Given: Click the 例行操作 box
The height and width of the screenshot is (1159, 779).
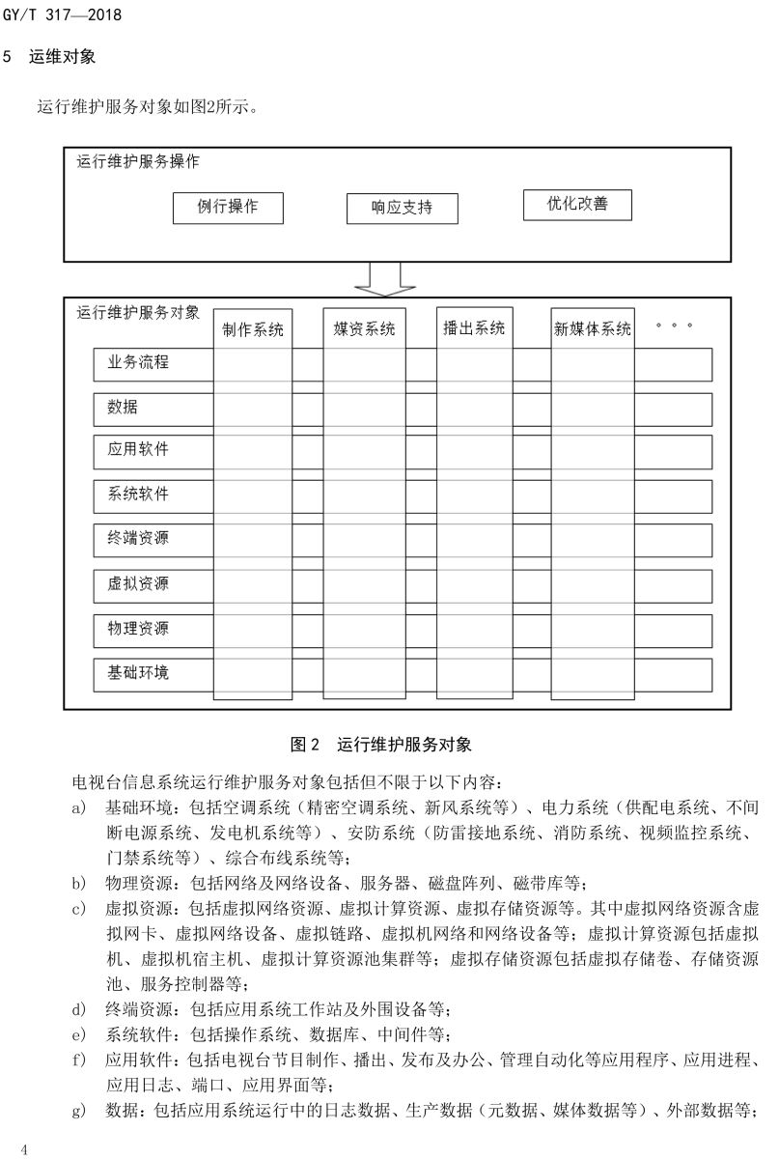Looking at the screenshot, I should [229, 208].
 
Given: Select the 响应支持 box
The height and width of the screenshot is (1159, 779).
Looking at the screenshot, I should [402, 209].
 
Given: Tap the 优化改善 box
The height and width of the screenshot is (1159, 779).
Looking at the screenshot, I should [577, 205].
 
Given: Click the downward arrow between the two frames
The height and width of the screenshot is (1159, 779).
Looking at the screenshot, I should [384, 278].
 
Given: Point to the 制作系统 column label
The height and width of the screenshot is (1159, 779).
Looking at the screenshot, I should [253, 329].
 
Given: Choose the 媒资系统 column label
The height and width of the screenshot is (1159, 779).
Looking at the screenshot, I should [365, 329].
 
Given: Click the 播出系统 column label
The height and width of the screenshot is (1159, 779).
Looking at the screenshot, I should [474, 328].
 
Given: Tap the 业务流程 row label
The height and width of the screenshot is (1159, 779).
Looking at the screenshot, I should [138, 363].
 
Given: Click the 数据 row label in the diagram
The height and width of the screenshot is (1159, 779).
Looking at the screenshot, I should [123, 408].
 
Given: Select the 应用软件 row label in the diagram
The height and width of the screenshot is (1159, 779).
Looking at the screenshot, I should [138, 450].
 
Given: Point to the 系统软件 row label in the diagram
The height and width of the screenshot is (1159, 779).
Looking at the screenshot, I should [138, 494].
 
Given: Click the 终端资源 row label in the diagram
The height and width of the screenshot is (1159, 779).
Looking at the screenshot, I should [138, 538].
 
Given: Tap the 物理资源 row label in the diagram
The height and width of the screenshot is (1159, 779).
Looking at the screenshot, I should [138, 629].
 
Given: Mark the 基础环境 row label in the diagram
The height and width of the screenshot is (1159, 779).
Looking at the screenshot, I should [138, 672].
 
